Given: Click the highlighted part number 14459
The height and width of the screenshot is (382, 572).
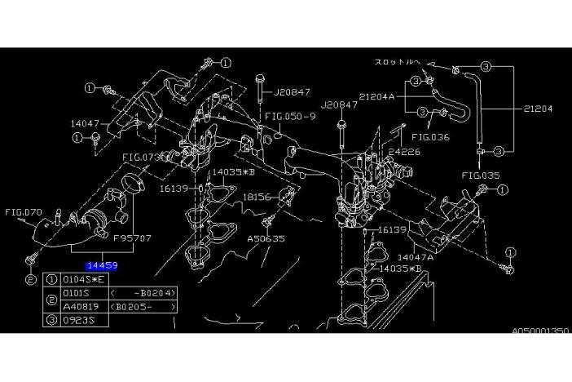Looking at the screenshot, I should (x=102, y=265).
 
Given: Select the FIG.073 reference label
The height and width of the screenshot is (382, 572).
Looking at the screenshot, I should (x=140, y=157).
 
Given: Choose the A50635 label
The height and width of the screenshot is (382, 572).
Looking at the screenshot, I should (x=266, y=239).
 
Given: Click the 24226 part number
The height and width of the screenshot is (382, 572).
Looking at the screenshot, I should (x=404, y=152).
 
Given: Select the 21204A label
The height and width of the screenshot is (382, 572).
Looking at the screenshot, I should (x=377, y=95).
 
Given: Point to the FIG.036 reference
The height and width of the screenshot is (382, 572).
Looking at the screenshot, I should (x=430, y=136).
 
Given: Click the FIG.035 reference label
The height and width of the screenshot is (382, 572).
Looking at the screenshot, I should (x=480, y=174).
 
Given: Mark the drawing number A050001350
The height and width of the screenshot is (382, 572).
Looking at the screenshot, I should (x=540, y=332).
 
